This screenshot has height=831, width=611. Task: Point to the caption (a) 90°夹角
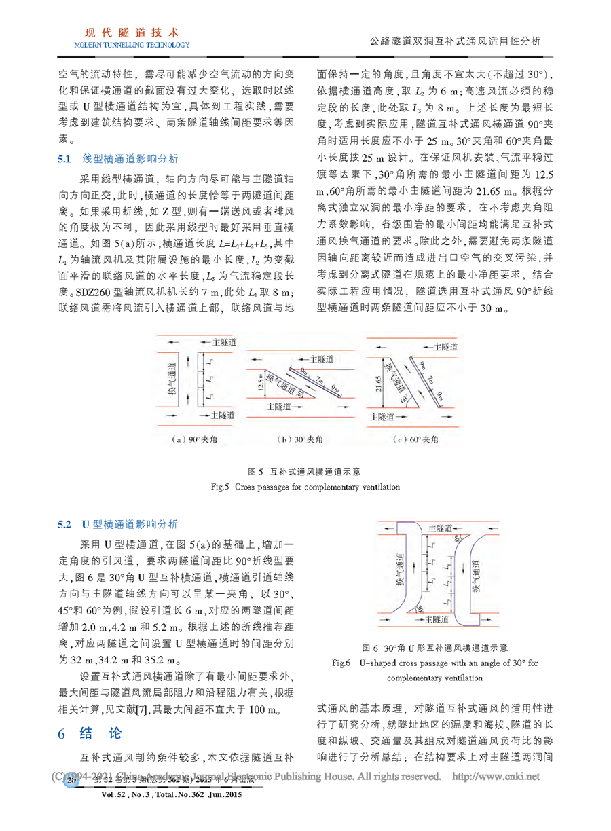point(191,439)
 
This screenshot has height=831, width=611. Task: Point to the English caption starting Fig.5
point(307,487)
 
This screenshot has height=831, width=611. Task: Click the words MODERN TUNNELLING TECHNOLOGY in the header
point(127,45)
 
